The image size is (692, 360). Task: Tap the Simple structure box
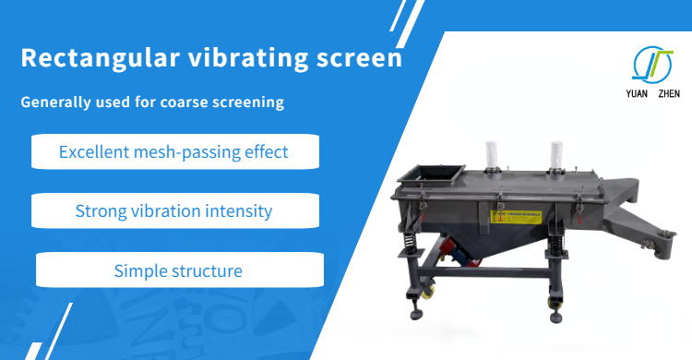tap(179, 270)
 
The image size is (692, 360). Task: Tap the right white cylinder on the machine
tap(556, 157)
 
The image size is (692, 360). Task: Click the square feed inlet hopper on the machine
tap(434, 174)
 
